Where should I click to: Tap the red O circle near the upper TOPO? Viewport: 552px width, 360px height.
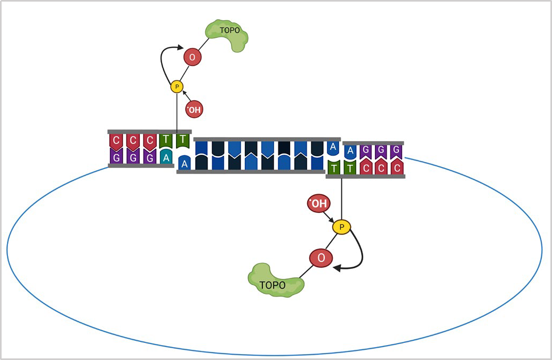[192, 57]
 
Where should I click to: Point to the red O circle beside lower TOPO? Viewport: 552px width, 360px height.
[321, 258]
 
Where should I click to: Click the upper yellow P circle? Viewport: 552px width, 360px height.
[177, 86]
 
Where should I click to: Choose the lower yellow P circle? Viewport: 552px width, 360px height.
[341, 227]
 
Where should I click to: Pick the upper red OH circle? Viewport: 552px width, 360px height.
[194, 110]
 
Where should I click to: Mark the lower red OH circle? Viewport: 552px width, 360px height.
[318, 204]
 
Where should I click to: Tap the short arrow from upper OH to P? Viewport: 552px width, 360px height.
[186, 98]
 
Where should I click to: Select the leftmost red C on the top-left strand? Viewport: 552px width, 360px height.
[116, 141]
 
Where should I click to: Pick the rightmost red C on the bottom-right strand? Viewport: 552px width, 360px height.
[396, 167]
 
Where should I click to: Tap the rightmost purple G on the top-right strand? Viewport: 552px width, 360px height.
[396, 151]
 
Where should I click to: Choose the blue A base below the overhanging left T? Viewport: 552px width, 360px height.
[184, 163]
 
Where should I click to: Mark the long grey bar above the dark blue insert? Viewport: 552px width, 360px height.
[267, 139]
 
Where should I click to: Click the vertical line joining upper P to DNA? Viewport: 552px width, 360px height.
[177, 112]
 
